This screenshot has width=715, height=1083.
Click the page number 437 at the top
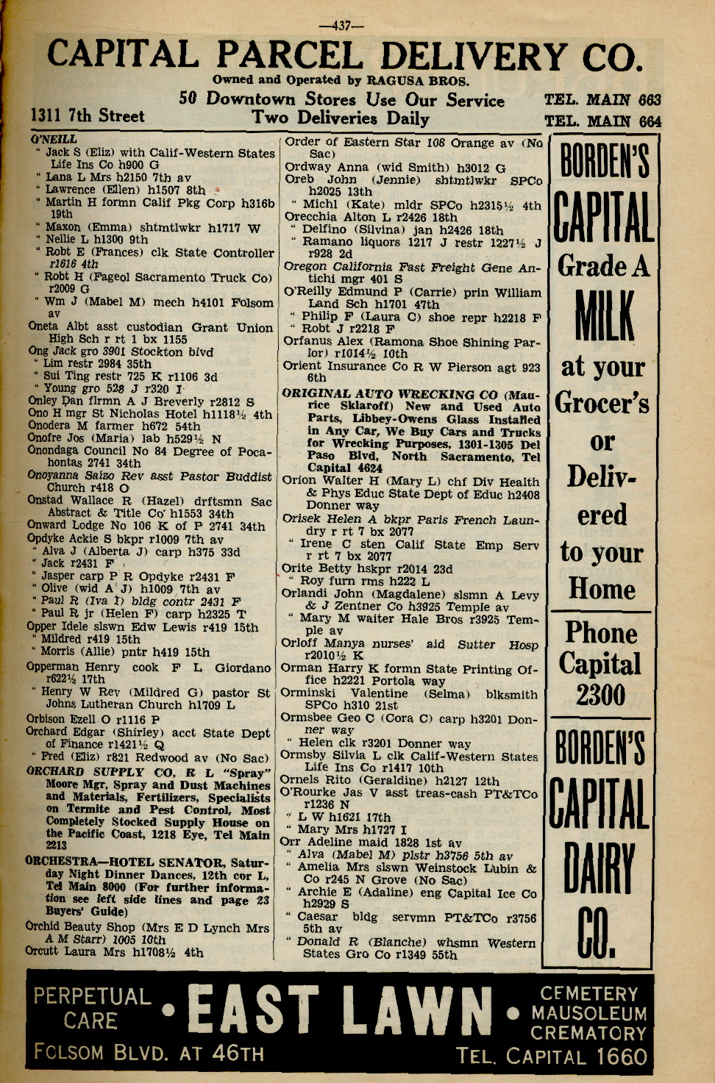[342, 26]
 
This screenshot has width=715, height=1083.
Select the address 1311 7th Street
[88, 115]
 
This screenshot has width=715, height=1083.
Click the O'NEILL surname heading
[54, 139]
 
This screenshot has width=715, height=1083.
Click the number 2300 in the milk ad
[601, 695]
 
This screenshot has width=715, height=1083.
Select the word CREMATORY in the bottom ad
[588, 1033]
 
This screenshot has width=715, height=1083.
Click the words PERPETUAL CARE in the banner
[91, 1008]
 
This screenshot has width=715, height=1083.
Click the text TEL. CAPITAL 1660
[551, 1057]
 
